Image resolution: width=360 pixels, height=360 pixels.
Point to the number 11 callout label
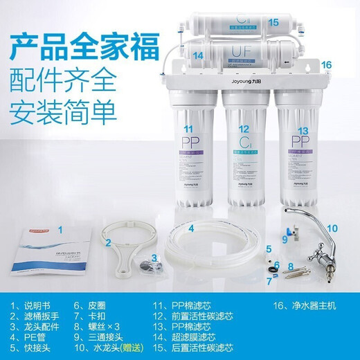click(188, 129)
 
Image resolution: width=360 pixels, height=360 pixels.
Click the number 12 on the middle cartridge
click(243, 129)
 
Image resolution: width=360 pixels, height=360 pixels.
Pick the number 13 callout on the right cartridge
click(302, 130)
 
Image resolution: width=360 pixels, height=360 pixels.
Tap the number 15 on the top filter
click(273, 22)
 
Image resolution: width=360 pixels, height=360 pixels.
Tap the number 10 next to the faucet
click(332, 228)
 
